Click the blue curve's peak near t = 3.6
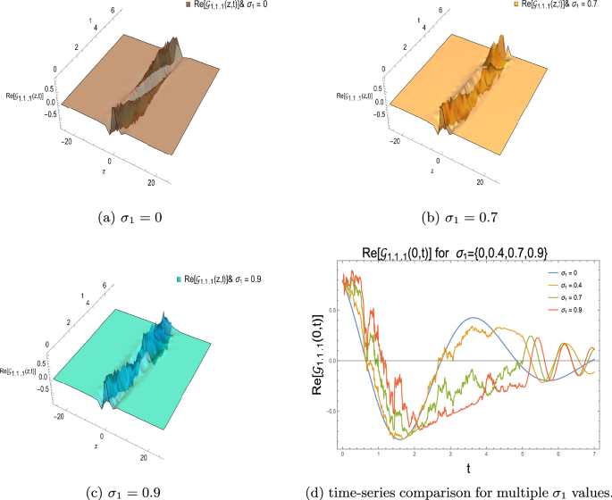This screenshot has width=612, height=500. pyautogui.click(x=473, y=318)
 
